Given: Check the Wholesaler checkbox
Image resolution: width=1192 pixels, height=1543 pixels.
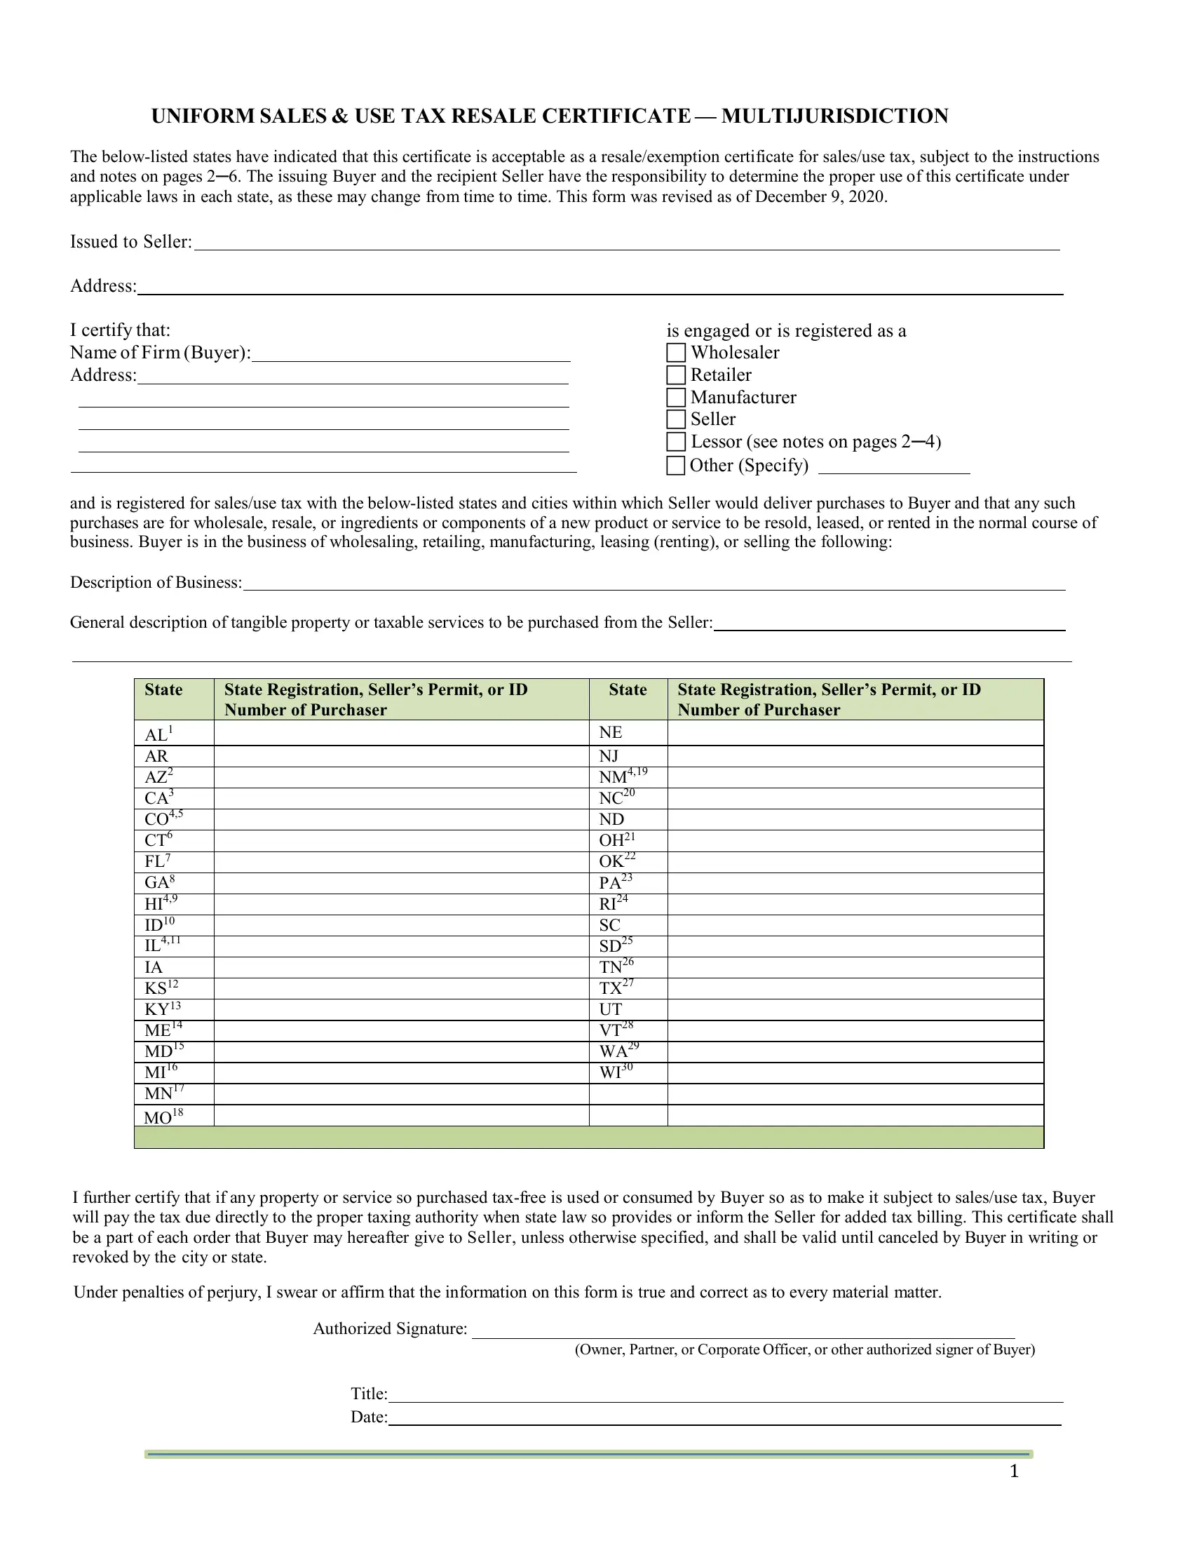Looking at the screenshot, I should [x=676, y=353].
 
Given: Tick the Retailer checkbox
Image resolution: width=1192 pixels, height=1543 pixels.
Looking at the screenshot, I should [x=676, y=375].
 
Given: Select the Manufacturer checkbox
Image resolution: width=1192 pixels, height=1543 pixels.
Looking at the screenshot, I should [x=676, y=397].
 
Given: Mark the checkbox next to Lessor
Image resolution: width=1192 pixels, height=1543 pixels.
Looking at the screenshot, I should [x=676, y=442].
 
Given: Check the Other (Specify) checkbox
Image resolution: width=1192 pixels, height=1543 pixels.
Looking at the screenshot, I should [x=676, y=466].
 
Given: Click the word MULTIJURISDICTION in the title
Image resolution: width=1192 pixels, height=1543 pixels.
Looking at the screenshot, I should [x=834, y=116].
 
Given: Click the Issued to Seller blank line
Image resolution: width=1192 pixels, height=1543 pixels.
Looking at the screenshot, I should [x=625, y=243].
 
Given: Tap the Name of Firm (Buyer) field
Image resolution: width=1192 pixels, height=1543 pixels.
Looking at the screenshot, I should [x=410, y=353].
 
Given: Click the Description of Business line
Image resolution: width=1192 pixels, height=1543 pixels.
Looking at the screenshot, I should [x=653, y=583].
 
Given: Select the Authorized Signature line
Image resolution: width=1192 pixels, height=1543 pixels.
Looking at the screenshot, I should [x=742, y=1330].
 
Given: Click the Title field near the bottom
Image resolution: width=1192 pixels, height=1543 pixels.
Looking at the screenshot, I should [x=724, y=1394].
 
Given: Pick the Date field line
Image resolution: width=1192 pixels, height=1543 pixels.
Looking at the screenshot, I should [x=724, y=1418].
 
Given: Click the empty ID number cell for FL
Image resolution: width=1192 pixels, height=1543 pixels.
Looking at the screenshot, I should [x=401, y=862].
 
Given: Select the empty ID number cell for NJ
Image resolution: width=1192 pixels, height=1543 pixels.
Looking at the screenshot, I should [x=855, y=756].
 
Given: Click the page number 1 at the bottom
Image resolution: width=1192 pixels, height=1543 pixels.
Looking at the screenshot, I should [x=1014, y=1471].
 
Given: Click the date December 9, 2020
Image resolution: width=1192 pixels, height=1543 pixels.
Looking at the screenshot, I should [x=819, y=197].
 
